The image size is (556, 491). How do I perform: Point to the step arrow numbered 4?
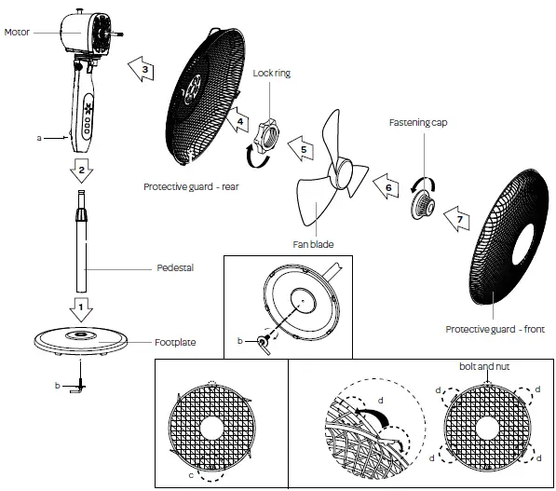(x=239, y=121)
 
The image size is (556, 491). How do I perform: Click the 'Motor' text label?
(x=19, y=32)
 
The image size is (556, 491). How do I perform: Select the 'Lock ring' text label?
(x=272, y=72)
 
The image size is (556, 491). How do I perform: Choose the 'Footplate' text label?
(x=175, y=342)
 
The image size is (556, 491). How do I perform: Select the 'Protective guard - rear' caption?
(x=191, y=186)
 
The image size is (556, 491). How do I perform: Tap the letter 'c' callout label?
(x=193, y=477)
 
